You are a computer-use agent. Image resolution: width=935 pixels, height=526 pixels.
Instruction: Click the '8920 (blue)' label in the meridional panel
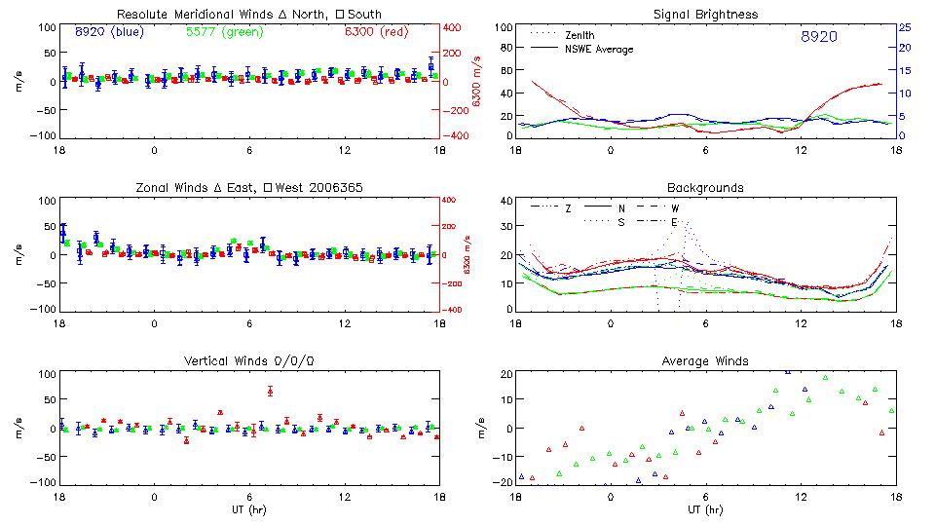click(x=109, y=31)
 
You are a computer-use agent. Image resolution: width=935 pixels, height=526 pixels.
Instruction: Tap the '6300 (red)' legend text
click(x=375, y=31)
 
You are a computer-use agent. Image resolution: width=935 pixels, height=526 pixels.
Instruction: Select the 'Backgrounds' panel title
click(x=705, y=187)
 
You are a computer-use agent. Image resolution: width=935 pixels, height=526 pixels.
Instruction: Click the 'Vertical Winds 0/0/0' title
click(x=248, y=360)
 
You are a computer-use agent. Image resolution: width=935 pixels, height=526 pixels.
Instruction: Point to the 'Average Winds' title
click(x=705, y=360)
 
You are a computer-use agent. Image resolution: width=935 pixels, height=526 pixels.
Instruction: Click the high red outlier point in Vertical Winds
click(x=270, y=391)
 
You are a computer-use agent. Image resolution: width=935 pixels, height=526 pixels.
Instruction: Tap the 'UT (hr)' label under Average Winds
click(x=705, y=509)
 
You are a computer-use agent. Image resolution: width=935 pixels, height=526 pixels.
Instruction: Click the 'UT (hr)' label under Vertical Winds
click(x=248, y=509)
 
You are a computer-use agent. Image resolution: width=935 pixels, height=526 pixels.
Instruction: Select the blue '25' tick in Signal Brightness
click(x=904, y=26)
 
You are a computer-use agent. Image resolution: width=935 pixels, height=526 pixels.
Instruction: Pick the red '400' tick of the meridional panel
click(x=454, y=27)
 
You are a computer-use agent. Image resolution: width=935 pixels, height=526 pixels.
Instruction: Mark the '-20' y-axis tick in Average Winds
click(x=504, y=482)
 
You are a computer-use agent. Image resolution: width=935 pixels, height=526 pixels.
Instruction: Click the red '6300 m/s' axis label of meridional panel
click(x=477, y=81)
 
